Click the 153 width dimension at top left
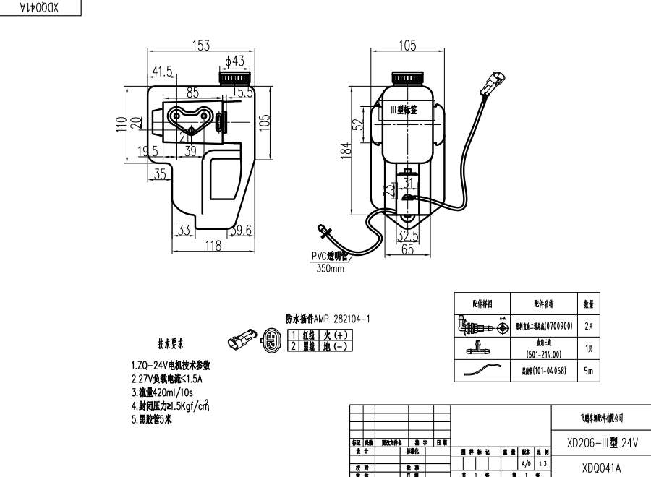(200, 46)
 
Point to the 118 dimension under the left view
(213, 246)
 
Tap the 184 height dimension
(346, 150)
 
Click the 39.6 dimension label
(241, 231)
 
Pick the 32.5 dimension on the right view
(408, 236)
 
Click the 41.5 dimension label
(163, 72)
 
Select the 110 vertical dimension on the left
(121, 125)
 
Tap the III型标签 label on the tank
(405, 110)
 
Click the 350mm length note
(330, 269)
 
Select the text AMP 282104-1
(342, 319)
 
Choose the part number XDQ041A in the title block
(601, 467)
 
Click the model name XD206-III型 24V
(603, 442)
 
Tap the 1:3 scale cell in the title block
(541, 463)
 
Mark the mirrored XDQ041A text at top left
(40, 7)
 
